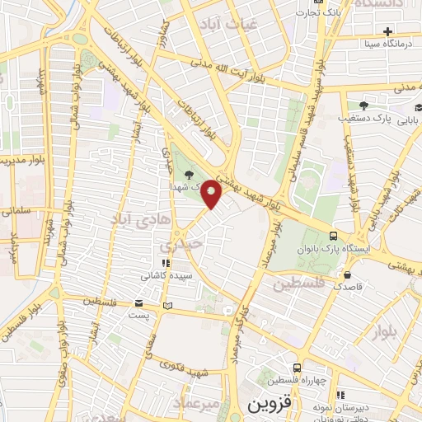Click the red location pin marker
(x=212, y=195)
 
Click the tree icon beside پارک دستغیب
(x=363, y=105)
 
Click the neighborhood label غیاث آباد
(x=256, y=24)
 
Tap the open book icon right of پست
(x=169, y=306)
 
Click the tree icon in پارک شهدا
(x=190, y=174)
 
